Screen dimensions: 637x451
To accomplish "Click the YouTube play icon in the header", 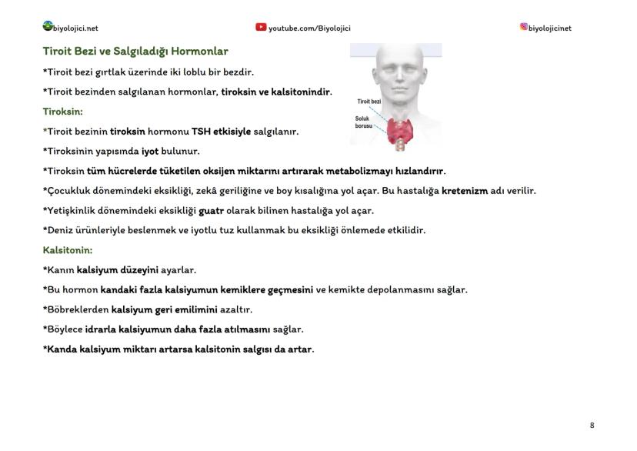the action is click(261, 27).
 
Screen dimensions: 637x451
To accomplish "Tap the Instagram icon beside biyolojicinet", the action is click(524, 26).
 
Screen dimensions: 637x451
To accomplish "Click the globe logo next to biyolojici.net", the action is click(48, 26).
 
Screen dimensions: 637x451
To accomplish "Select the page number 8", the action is click(592, 425).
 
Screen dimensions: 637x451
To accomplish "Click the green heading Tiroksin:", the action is click(63, 112).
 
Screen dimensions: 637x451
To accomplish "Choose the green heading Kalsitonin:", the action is click(68, 250).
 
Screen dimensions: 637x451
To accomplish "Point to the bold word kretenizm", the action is click(465, 191).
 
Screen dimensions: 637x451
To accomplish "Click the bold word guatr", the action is click(212, 211).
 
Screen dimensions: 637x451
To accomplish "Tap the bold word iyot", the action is click(150, 152).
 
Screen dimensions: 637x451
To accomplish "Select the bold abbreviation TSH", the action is click(201, 132).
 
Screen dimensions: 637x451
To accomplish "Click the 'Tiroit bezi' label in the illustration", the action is click(369, 101).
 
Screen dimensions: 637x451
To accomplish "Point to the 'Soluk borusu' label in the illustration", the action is click(364, 122).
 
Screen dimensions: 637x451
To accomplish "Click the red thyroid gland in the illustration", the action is click(400, 131).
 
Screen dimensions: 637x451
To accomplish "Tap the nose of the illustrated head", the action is click(400, 76).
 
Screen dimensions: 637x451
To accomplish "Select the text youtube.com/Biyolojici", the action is click(309, 28).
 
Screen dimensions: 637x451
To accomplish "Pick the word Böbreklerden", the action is click(76, 309).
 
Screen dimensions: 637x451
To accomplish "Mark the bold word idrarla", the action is click(100, 329).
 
